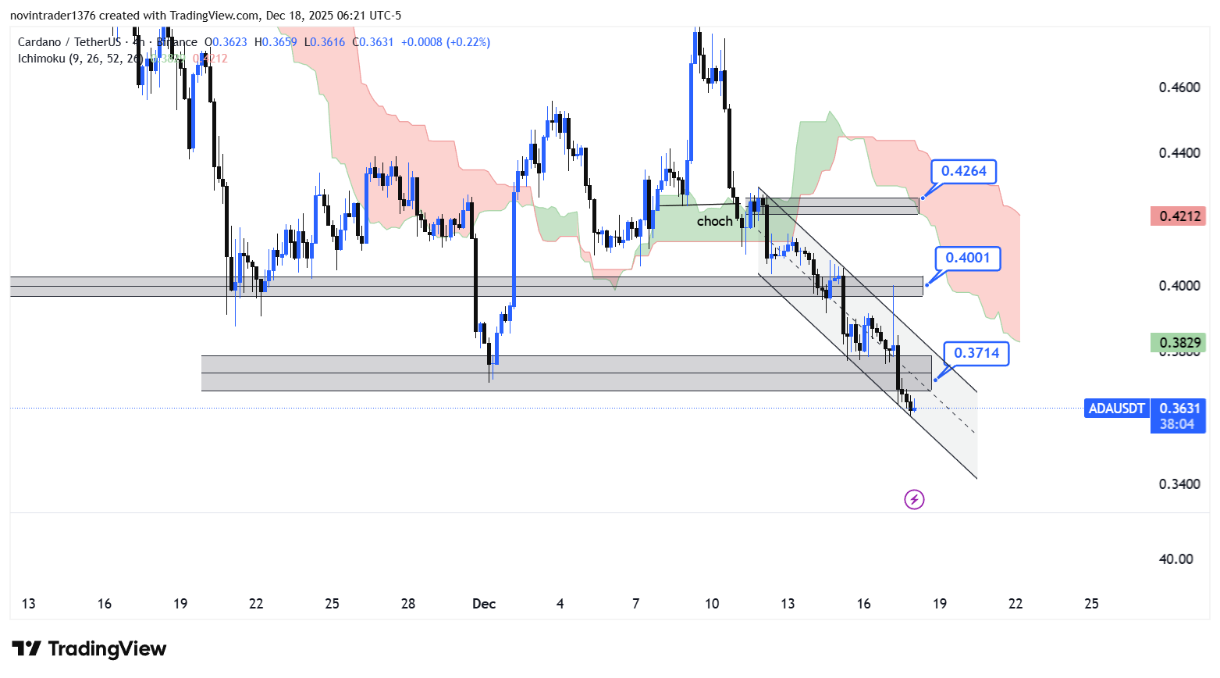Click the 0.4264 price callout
[963, 171]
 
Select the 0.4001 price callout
[967, 258]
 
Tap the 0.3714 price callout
[976, 353]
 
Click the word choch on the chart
[714, 221]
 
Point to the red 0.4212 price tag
[1178, 216]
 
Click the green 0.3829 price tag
[1178, 342]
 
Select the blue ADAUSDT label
[1116, 408]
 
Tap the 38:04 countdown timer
[1177, 424]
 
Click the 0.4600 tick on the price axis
[1179, 87]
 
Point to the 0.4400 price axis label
[1179, 153]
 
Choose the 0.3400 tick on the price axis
[1179, 484]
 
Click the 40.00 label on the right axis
[1176, 559]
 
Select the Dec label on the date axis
[484, 604]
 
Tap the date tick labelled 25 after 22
[1091, 604]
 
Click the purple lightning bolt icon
[914, 499]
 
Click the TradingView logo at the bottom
[90, 649]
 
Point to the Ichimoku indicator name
[44, 59]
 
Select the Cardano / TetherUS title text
[69, 42]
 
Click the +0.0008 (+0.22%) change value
[446, 42]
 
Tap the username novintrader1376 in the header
[52, 16]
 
